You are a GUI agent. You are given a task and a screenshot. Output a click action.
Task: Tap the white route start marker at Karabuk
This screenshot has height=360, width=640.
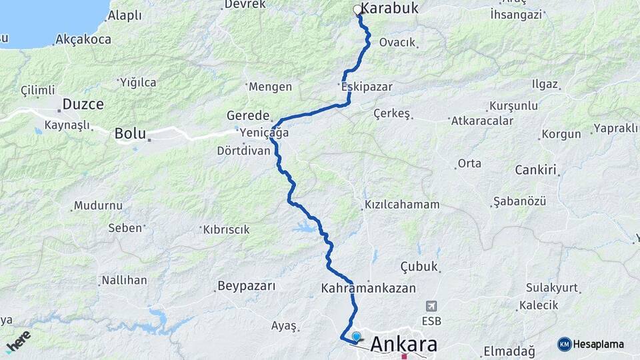(358, 10)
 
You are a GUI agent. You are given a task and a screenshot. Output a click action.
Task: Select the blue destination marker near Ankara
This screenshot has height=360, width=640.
(357, 336)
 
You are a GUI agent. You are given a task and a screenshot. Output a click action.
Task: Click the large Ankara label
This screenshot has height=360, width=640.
(404, 344)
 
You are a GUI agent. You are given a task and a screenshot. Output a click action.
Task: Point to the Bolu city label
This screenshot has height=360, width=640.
(130, 133)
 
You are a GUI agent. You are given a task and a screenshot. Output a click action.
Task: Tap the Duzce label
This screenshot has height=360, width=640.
(83, 104)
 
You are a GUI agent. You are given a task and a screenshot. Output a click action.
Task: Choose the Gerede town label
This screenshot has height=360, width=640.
(248, 115)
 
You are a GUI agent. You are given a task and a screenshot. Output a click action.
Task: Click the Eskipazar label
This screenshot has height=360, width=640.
(366, 87)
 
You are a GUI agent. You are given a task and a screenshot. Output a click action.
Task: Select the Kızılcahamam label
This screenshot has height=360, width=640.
(402, 205)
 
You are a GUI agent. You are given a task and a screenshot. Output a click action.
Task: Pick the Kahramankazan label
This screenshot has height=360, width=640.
(368, 289)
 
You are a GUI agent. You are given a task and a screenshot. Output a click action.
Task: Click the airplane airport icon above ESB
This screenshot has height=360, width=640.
(431, 305)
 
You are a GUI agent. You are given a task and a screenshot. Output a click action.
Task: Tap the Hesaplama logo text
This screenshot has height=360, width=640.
(599, 344)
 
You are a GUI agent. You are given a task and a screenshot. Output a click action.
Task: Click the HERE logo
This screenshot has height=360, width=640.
(18, 342)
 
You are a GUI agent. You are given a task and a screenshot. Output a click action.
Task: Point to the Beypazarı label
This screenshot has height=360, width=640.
(246, 287)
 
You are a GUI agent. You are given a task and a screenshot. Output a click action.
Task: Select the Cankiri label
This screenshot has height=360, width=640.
(535, 170)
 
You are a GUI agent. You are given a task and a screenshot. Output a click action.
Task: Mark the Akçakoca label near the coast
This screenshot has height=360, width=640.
(83, 39)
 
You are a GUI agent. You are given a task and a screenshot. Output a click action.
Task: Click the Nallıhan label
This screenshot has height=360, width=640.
(124, 280)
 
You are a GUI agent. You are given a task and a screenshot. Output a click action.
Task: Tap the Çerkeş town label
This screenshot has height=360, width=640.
(392, 113)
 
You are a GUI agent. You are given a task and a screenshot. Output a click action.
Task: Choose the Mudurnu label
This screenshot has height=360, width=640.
(98, 206)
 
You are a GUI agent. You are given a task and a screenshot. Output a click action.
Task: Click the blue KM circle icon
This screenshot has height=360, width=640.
(565, 344)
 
